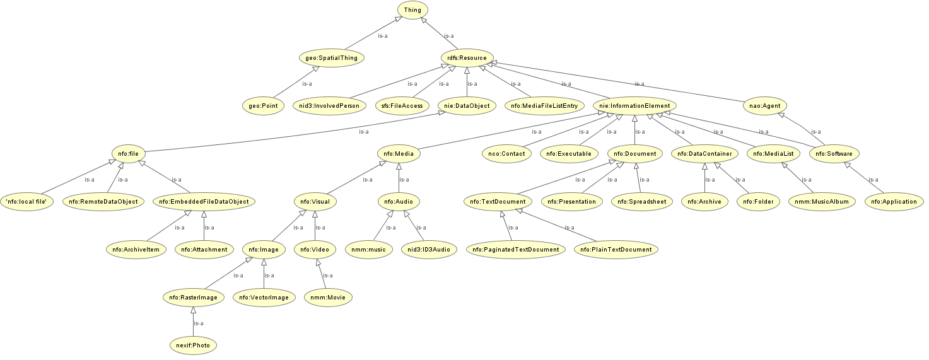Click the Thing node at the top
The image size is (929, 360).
(413, 9)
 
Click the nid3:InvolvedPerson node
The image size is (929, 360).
(329, 105)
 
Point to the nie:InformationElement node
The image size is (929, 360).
(635, 105)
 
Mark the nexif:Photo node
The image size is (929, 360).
(193, 345)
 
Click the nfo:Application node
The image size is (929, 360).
(894, 202)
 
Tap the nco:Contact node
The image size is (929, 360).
(506, 153)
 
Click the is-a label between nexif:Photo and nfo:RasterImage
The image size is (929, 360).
(198, 323)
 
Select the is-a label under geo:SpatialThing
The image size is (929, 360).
(307, 83)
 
